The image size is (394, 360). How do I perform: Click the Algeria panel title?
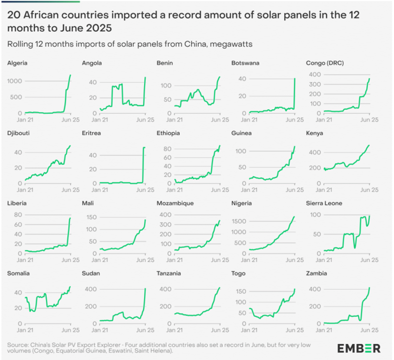(17, 63)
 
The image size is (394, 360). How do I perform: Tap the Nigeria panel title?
(242, 203)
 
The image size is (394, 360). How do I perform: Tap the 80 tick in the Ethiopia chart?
(167, 148)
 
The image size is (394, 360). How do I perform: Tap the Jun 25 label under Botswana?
(295, 119)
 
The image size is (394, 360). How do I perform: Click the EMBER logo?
(359, 348)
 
